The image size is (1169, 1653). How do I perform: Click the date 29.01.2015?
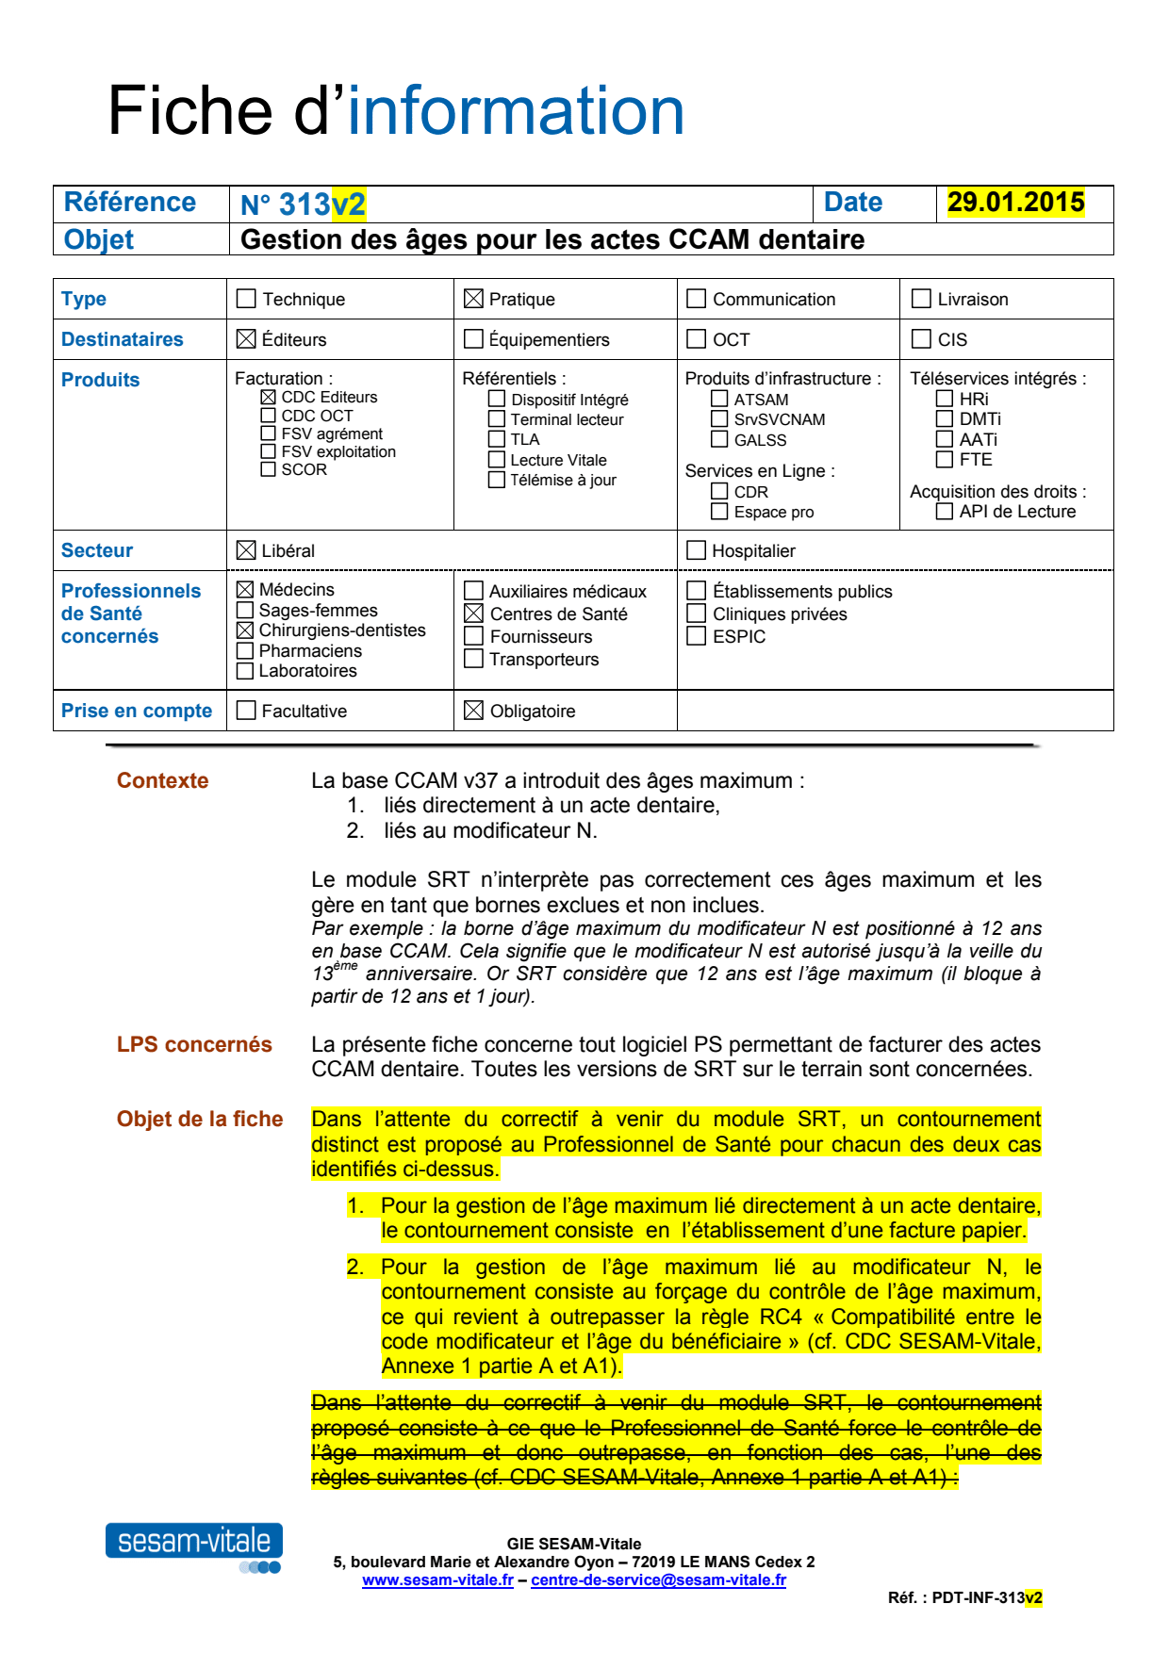(1015, 203)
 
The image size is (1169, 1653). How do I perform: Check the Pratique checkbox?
(473, 299)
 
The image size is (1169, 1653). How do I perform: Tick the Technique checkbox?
(246, 299)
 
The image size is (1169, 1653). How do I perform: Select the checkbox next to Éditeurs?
(246, 338)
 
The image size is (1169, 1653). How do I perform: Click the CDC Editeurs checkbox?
(269, 398)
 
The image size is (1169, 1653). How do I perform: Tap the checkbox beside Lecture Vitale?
(497, 460)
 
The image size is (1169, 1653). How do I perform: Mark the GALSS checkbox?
(719, 439)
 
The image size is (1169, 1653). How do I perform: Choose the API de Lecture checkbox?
(944, 512)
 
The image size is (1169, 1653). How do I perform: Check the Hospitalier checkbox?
(697, 550)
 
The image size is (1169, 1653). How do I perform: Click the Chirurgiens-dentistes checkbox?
(245, 630)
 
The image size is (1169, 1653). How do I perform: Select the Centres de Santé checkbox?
(474, 614)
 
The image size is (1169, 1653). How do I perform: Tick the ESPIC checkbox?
(697, 636)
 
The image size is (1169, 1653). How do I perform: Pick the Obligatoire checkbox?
(474, 711)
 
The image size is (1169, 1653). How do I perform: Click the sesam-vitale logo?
(194, 1542)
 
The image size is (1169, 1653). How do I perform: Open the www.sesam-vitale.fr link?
(437, 1580)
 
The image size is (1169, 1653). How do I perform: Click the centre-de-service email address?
(658, 1580)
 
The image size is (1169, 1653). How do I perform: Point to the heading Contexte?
(162, 780)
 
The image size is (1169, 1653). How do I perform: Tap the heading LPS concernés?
(194, 1044)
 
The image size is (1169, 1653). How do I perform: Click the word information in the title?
(516, 111)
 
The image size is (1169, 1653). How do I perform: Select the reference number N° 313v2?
(303, 204)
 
